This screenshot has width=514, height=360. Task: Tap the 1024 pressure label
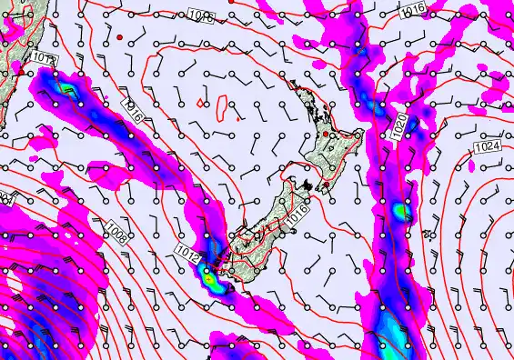[x=488, y=146]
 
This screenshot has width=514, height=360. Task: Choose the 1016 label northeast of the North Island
[x=412, y=9]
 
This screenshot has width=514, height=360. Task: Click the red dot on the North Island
[x=326, y=135]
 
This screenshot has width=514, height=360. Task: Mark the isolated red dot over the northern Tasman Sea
[x=119, y=36]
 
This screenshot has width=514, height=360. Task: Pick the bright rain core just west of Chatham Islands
[x=400, y=213]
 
